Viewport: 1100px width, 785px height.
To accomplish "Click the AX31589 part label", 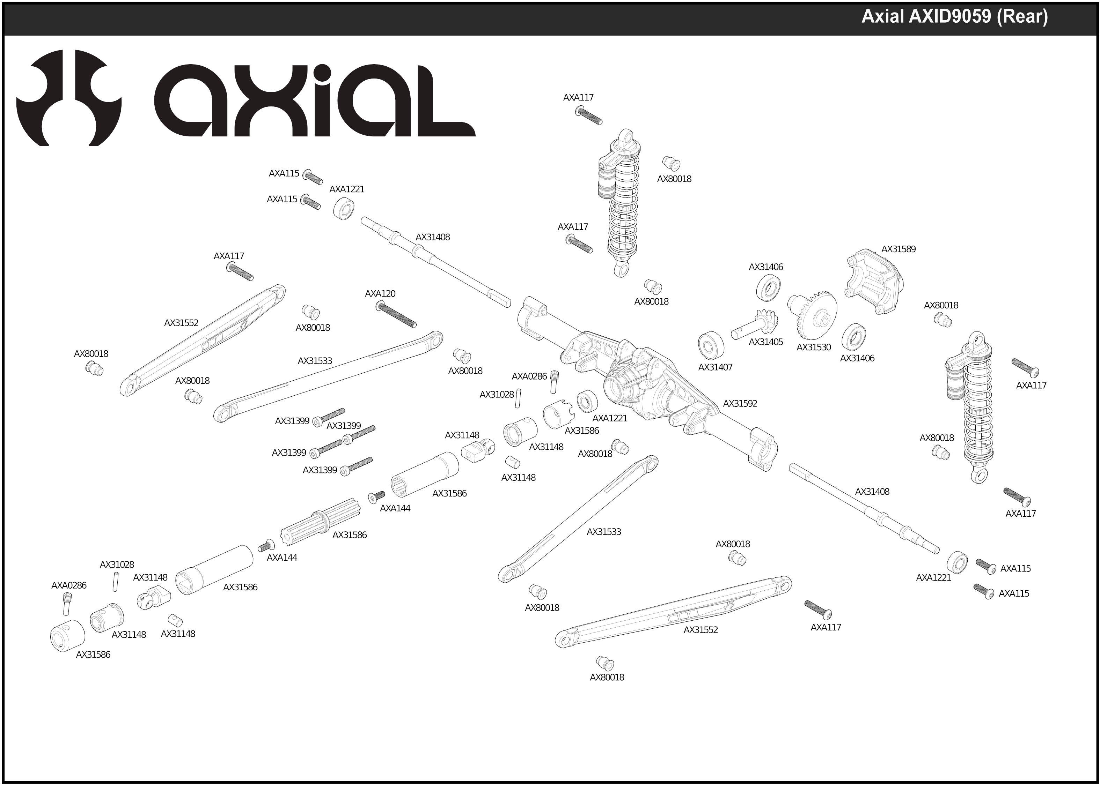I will (x=898, y=249).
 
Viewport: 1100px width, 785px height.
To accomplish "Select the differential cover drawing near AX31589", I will (x=874, y=282).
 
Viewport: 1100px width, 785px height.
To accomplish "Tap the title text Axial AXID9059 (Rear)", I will (x=954, y=17).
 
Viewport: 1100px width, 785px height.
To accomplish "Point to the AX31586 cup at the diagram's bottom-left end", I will (x=68, y=635).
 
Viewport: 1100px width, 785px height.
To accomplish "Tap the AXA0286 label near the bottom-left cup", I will (x=69, y=586).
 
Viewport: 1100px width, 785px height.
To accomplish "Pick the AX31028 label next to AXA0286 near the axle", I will (x=496, y=395).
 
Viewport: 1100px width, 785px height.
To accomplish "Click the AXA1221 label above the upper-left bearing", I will (x=346, y=189).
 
